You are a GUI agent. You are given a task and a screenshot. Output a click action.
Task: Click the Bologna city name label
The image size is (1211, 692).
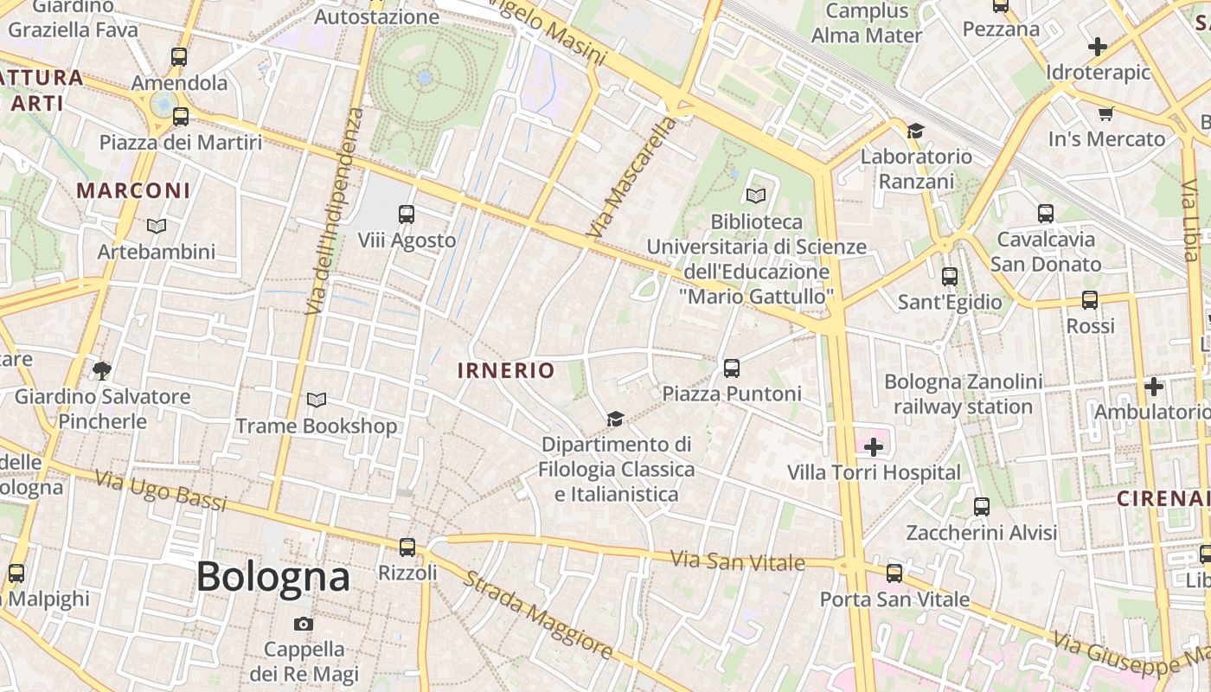pos(272,577)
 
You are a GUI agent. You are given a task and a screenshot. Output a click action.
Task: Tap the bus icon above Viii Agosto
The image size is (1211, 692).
pos(406,214)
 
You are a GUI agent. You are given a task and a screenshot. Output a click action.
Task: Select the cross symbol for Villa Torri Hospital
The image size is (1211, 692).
pos(874,447)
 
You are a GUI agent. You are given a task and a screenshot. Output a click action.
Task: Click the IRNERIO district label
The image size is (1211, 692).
pos(506,371)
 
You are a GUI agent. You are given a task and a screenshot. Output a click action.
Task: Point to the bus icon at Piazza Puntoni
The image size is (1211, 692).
pos(731,368)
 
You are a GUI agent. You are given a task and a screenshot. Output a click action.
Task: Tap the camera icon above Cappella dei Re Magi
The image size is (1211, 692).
pos(303,624)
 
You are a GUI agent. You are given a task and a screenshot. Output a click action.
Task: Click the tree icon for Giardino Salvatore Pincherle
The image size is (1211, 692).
pos(102,371)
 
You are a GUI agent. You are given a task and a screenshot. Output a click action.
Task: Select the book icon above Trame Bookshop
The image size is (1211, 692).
pos(317,400)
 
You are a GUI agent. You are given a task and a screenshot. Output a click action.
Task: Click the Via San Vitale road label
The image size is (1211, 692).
pos(738,561)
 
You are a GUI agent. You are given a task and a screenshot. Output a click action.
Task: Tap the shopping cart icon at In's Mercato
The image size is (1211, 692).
pos(1105,113)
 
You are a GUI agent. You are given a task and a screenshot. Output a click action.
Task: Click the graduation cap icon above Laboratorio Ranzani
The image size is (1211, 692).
pos(915,131)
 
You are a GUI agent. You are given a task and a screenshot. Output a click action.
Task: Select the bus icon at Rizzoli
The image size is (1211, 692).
pos(407,547)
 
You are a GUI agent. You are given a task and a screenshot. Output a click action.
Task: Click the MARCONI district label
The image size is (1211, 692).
pos(133,190)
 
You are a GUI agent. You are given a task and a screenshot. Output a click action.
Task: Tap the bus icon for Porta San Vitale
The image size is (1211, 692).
pos(894,573)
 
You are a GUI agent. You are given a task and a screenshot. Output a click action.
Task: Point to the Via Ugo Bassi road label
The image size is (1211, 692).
pos(160,490)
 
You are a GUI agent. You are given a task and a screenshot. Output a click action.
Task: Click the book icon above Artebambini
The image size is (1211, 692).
pos(156,226)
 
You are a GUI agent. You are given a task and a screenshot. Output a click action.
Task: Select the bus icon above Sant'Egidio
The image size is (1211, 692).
pos(950,277)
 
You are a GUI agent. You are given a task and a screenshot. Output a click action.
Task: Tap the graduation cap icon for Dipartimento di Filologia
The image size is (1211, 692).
pos(615,419)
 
